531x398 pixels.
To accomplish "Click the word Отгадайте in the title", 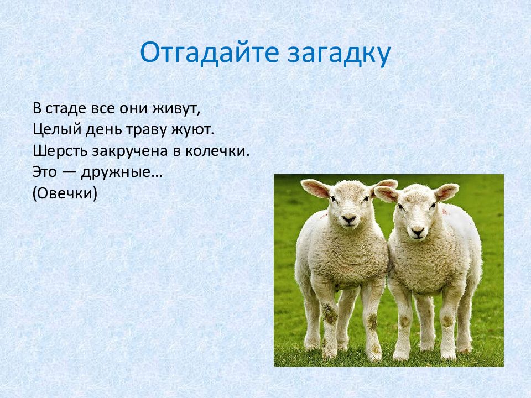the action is tap(210, 53).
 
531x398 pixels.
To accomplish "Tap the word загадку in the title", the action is tap(339, 54).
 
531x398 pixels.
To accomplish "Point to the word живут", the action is tap(176, 109).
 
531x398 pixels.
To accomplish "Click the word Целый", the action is tap(57, 129).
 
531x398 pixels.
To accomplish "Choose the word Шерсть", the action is tap(60, 151).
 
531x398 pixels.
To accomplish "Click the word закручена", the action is tap(130, 151).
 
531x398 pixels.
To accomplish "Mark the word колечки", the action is tap(217, 151).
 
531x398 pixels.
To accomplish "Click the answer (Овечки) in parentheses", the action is tap(65, 193).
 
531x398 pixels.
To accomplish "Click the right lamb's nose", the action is tap(417, 232).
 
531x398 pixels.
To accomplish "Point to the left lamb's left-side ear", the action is tap(315, 188).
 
